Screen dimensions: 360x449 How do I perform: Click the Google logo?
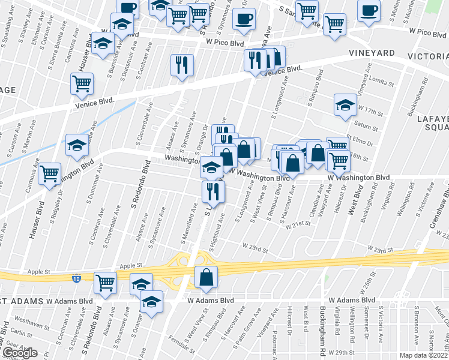[20, 353]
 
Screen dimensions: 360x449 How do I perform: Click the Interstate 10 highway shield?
[76, 278]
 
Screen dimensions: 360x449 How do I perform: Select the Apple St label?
[130, 265]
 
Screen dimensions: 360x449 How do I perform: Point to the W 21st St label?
[298, 223]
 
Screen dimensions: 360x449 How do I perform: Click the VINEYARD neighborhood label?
[372, 53]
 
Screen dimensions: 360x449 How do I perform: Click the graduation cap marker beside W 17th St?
[345, 104]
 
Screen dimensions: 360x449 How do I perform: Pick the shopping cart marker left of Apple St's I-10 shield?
[106, 282]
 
